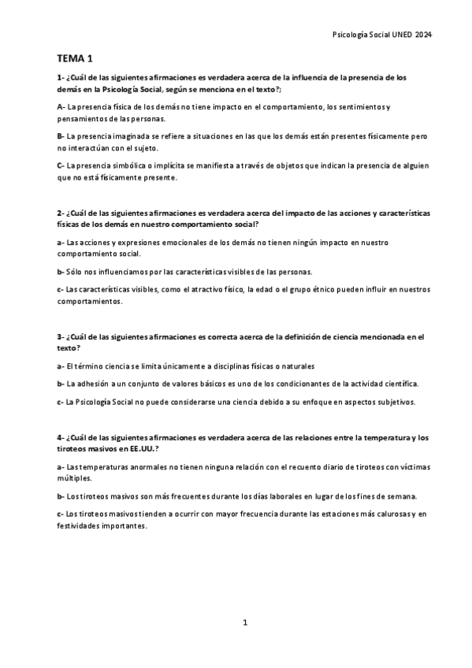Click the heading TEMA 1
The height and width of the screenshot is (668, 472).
(x=76, y=59)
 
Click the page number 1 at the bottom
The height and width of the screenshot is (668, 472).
(x=245, y=622)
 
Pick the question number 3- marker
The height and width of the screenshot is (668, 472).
(x=61, y=337)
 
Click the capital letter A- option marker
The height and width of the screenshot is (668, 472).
(x=61, y=106)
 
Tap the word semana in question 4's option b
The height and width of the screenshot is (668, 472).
(x=400, y=496)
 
